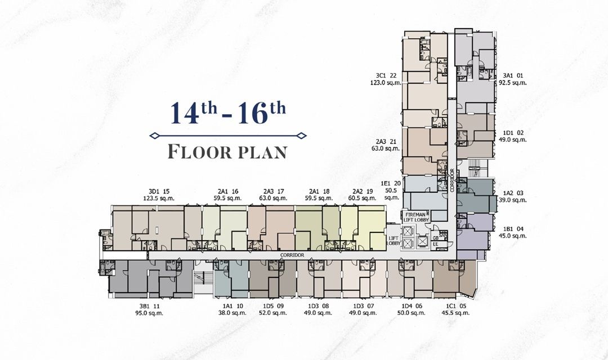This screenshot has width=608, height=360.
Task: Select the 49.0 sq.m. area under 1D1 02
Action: (512, 140)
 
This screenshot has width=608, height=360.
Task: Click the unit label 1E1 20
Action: (390, 183)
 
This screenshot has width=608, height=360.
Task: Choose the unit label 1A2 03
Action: (512, 192)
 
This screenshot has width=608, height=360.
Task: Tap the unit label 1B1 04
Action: (512, 228)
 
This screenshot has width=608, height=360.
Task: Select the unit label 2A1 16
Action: (226, 191)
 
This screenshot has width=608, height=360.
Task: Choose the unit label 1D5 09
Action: (272, 305)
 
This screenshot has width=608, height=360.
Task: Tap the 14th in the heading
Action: (193, 113)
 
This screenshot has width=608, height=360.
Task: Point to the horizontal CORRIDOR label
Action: (292, 255)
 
